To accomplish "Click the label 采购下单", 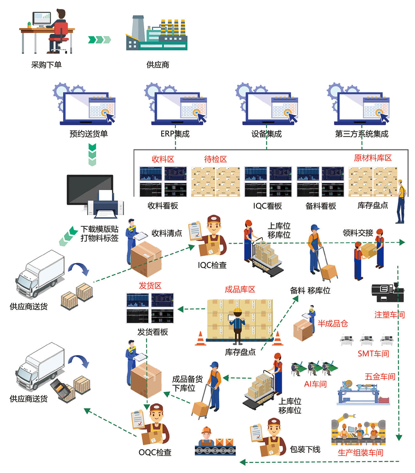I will [46, 65].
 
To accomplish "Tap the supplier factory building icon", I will [157, 34].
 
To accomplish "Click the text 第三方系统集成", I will [361, 134].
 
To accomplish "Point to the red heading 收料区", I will [163, 159].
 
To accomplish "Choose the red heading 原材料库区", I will [373, 158].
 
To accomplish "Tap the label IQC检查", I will [212, 265].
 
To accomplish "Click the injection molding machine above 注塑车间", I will [387, 292].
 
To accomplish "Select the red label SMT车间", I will [373, 354].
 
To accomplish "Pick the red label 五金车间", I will [380, 377].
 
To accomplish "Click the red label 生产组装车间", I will [360, 453].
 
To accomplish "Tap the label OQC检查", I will [155, 452].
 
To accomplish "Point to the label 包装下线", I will [305, 449].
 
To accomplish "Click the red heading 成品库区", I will [240, 289].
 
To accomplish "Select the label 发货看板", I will [152, 332].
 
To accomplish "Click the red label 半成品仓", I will [332, 324].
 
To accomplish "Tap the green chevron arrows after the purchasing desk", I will [99, 40].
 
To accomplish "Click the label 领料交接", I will [358, 233].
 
